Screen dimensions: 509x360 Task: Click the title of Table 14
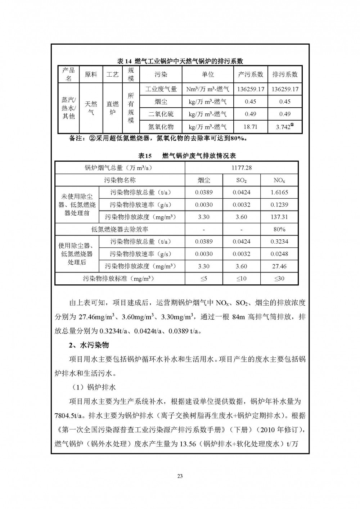[x=180, y=61]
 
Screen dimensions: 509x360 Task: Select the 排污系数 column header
[x=285, y=75]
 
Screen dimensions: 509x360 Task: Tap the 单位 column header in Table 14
[x=208, y=75]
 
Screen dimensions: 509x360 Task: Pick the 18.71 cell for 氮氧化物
[x=250, y=126]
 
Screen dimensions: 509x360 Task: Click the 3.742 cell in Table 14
[x=285, y=126]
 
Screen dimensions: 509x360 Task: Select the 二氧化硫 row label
[x=161, y=114]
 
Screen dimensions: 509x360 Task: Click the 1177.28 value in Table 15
[x=241, y=168]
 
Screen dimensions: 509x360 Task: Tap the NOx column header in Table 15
[x=279, y=180]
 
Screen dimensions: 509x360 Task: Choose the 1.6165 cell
[x=279, y=192]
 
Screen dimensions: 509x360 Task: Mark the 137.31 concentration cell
[x=279, y=217]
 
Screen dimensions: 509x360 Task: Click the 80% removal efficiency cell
[x=279, y=229]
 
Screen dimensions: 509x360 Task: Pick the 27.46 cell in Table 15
[x=279, y=266]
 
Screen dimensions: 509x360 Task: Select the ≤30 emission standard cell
[x=279, y=279]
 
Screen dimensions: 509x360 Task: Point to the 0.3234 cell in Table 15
[x=279, y=242]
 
